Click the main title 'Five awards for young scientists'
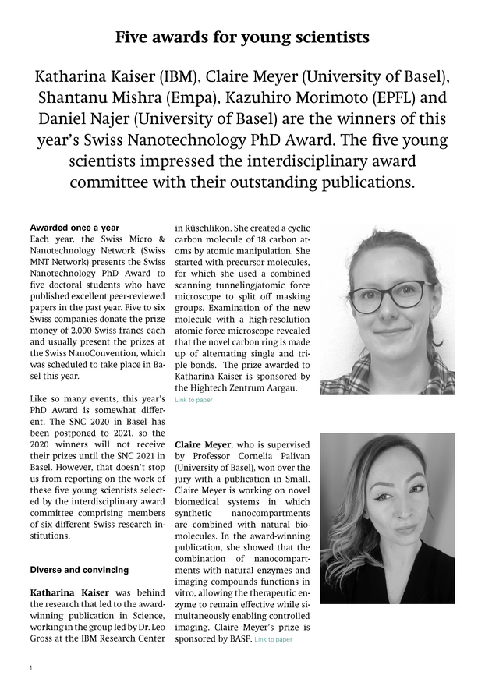pyautogui.click(x=242, y=37)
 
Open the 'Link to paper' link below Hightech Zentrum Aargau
pyautogui.click(x=193, y=400)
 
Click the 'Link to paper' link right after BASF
pyautogui.click(x=273, y=640)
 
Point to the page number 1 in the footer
pyautogui.click(x=30, y=668)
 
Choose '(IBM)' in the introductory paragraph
pyautogui.click(x=182, y=79)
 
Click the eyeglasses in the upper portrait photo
pyautogui.click(x=388, y=295)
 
